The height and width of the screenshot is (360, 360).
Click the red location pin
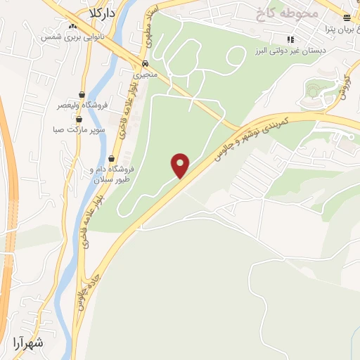coord(181,165)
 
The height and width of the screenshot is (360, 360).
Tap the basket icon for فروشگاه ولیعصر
coord(82,94)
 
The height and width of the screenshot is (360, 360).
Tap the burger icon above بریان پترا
coord(347,18)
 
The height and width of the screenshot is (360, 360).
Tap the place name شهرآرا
coord(28,343)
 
